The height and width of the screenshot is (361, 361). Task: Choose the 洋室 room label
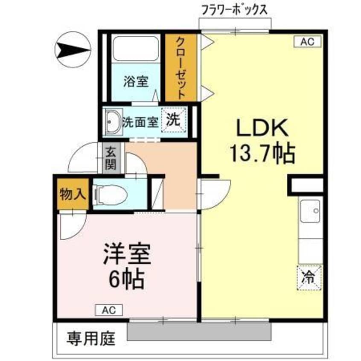[x=126, y=256]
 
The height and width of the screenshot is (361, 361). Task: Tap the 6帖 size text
[x=125, y=280]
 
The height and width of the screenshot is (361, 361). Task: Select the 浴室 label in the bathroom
[x=136, y=82]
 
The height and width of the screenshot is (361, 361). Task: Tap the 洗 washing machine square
[x=173, y=120]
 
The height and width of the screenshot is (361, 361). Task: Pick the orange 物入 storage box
[x=73, y=195]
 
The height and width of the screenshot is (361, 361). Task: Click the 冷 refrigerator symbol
[x=309, y=277]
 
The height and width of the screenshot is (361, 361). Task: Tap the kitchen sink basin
[x=310, y=211]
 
